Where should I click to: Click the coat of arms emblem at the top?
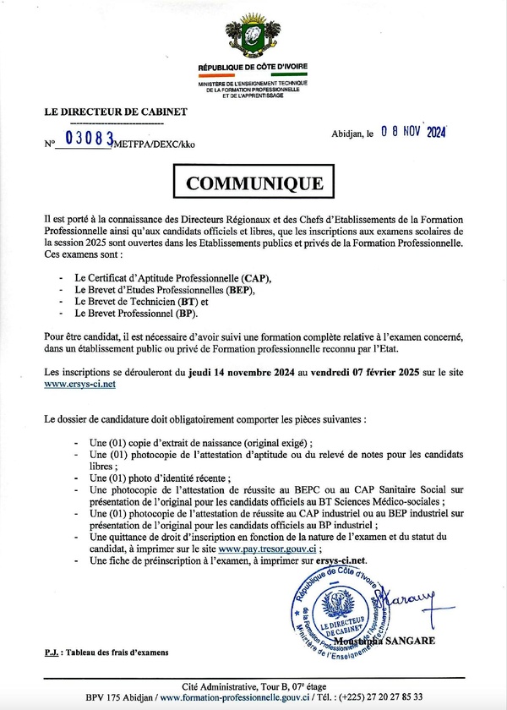[x=253, y=35]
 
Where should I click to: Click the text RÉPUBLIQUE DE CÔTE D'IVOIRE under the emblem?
[x=253, y=66]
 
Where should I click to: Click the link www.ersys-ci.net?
[x=79, y=383]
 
